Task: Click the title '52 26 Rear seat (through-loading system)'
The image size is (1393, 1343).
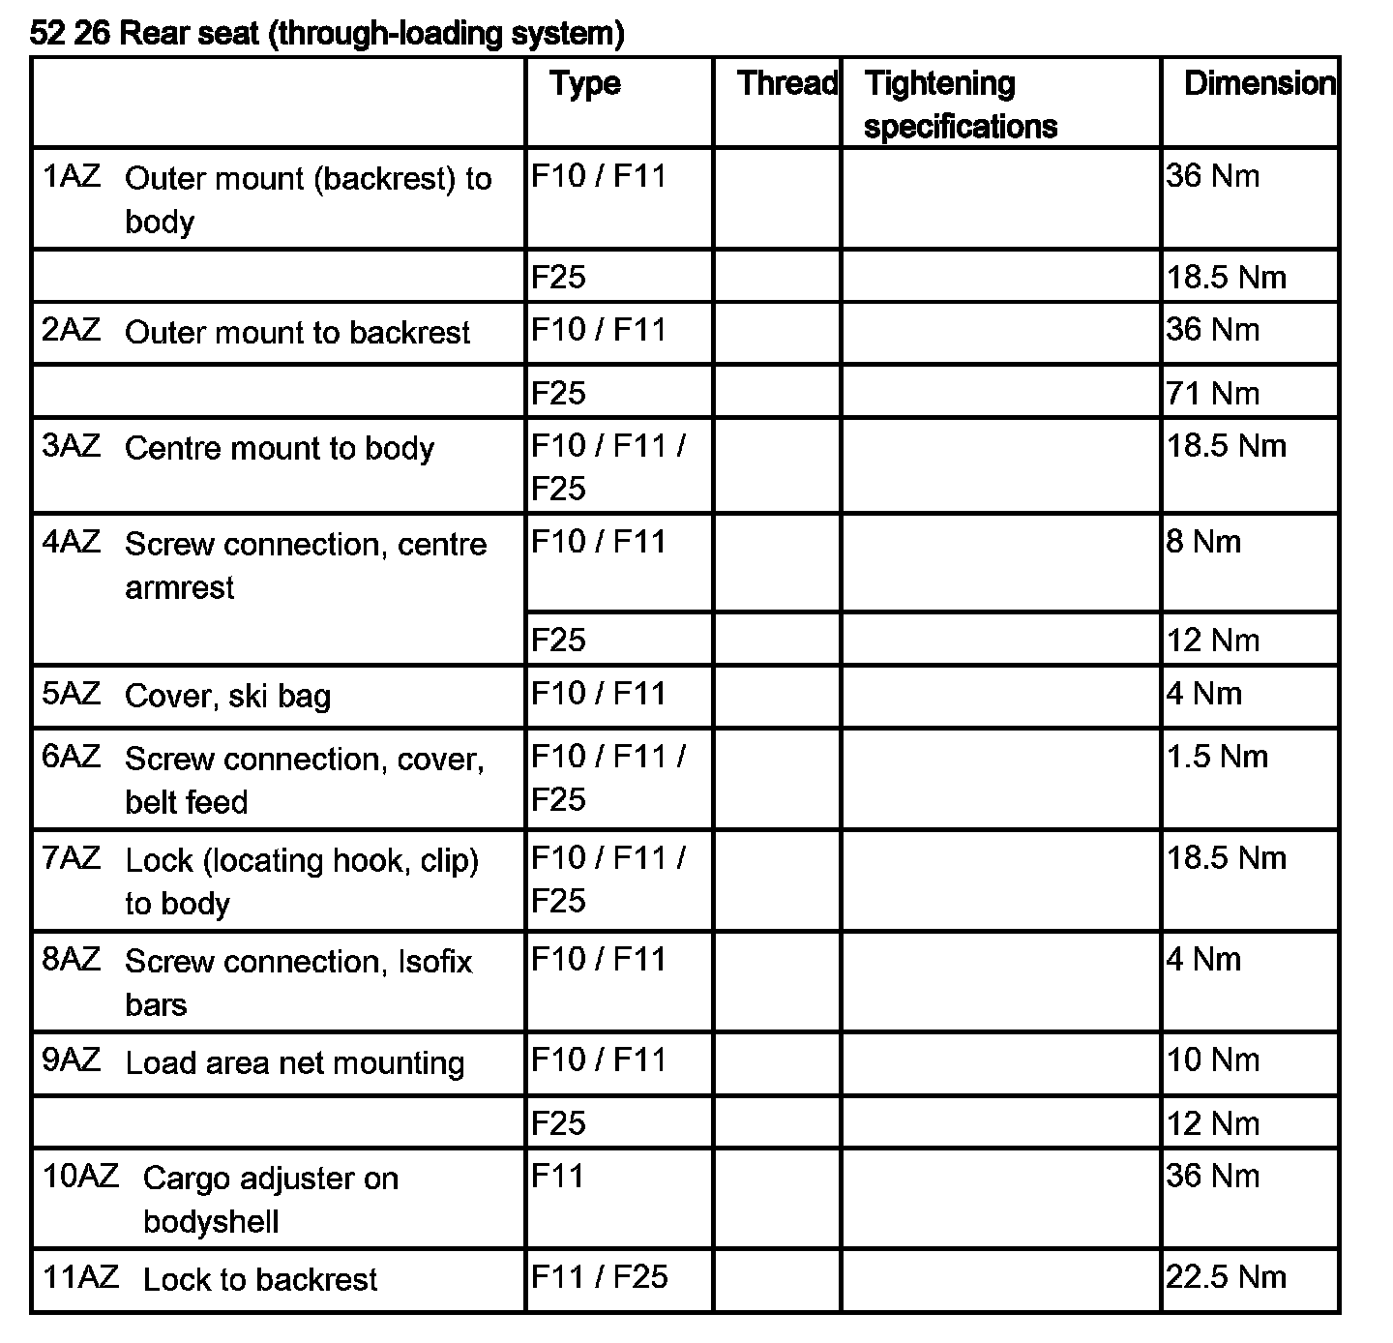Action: click(327, 34)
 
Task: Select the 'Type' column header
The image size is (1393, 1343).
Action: click(585, 83)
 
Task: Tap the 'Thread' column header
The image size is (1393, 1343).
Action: click(786, 83)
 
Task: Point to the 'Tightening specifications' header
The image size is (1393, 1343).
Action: click(960, 104)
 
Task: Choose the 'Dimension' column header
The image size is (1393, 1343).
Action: click(1259, 83)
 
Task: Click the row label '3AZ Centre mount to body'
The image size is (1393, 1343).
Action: click(238, 448)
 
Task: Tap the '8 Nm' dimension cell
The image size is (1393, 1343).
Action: click(1203, 542)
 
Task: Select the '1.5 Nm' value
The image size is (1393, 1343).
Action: click(1217, 757)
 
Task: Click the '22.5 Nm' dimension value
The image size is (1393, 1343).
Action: click(1226, 1277)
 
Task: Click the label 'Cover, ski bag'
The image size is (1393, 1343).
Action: click(228, 697)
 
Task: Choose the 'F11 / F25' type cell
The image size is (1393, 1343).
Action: click(600, 1277)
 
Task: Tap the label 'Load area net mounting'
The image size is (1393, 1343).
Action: click(295, 1063)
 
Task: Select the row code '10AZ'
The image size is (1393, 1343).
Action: click(80, 1177)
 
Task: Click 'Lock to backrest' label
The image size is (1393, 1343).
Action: click(260, 1280)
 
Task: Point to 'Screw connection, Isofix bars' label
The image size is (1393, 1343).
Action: click(298, 982)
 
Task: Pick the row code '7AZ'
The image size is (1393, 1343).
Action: click(72, 858)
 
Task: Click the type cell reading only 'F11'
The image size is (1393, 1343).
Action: click(558, 1177)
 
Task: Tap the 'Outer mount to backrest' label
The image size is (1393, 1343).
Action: click(297, 333)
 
